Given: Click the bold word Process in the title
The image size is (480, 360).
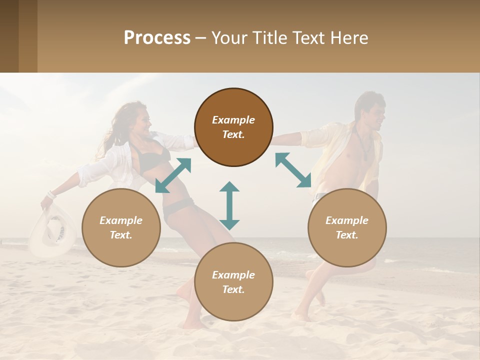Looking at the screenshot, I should tap(157, 38).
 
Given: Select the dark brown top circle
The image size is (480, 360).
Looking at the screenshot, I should tap(233, 127).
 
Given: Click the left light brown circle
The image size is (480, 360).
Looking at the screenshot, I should tap(121, 227).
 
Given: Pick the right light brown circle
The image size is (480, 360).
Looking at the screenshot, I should tap(347, 227).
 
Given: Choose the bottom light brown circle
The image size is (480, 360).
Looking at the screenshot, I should tap(233, 282).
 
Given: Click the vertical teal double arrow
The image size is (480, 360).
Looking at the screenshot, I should tap(229, 205).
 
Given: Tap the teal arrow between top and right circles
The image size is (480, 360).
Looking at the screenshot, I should tap(293, 170).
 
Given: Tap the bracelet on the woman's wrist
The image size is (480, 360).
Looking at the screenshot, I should tap(51, 194).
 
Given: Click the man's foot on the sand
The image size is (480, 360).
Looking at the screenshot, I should tap(301, 316).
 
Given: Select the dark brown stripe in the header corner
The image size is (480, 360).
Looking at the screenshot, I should tap(9, 36).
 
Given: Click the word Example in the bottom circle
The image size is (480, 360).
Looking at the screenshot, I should tap(233, 275).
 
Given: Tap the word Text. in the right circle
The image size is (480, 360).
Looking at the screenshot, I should tap(347, 235).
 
